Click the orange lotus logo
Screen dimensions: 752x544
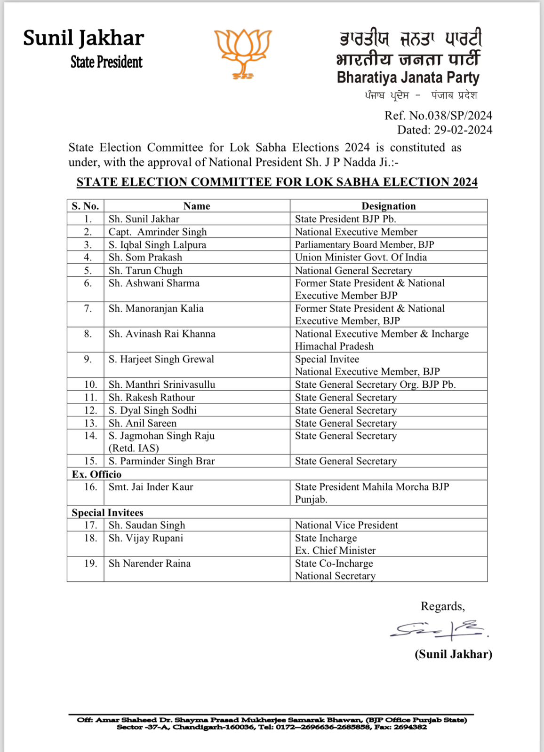tap(243, 53)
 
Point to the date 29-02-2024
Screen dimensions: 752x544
tap(463, 130)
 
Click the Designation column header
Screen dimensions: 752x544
tap(388, 206)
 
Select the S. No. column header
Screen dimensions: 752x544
tap(85, 206)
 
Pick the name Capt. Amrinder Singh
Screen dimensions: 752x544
tap(158, 232)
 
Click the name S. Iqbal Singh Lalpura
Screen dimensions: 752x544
tap(157, 244)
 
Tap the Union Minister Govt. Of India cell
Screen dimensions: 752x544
tap(360, 257)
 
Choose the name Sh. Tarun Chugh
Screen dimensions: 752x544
tap(145, 270)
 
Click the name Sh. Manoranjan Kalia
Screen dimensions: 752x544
tap(156, 308)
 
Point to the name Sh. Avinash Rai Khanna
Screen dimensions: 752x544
tap(162, 334)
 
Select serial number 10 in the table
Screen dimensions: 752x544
tap(90, 384)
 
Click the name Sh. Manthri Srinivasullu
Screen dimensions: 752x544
tap(162, 384)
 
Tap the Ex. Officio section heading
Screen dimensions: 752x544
tap(96, 474)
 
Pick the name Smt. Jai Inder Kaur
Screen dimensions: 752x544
tap(151, 487)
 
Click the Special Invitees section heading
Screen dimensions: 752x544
tap(107, 512)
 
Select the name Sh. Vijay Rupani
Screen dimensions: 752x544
tap(146, 538)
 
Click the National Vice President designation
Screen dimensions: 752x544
tap(346, 525)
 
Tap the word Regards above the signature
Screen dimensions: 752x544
tap(442, 606)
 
